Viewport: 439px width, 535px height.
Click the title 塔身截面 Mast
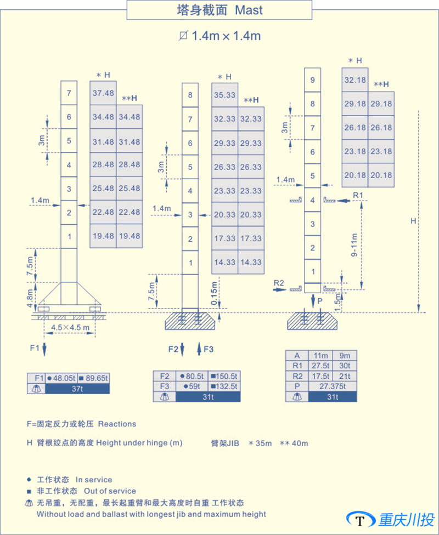pos(219,10)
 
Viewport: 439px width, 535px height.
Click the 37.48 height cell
pos(103,93)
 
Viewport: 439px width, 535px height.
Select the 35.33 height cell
pos(224,94)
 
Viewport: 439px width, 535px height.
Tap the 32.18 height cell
pos(355,79)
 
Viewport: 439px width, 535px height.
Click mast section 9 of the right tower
pos(312,80)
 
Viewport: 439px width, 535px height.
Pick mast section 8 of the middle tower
pos(190,95)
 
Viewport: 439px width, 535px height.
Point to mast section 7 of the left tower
pos(69,93)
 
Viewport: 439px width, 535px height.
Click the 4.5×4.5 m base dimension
pos(70,327)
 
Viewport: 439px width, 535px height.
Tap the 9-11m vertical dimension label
pos(355,244)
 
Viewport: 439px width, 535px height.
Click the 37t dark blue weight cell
pos(77,388)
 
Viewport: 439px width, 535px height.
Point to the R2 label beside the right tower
pos(279,283)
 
